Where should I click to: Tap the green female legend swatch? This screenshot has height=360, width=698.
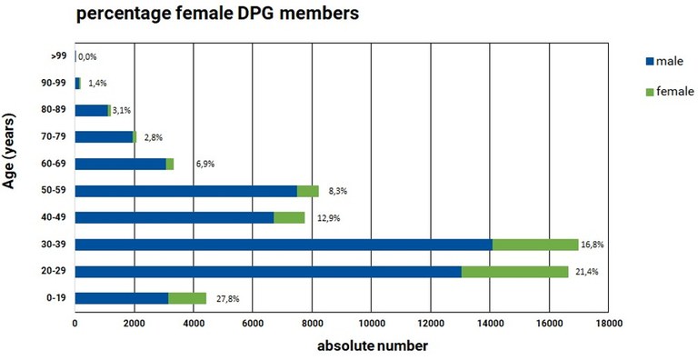pyautogui.click(x=649, y=91)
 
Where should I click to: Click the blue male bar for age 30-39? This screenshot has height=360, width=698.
pyautogui.click(x=283, y=245)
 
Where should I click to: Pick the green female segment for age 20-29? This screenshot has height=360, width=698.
pyautogui.click(x=514, y=271)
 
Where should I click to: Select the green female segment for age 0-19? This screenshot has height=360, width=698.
pyautogui.click(x=187, y=298)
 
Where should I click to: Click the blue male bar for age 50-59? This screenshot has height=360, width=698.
pyautogui.click(x=185, y=191)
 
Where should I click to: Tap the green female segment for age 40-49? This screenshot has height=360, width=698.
pyautogui.click(x=289, y=218)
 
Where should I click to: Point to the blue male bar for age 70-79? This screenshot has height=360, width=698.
pyautogui.click(x=104, y=137)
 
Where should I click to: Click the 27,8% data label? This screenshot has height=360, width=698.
pyautogui.click(x=229, y=298)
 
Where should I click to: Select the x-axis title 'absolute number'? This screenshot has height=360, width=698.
pyautogui.click(x=372, y=346)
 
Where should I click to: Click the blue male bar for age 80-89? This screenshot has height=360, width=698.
pyautogui.click(x=91, y=111)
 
